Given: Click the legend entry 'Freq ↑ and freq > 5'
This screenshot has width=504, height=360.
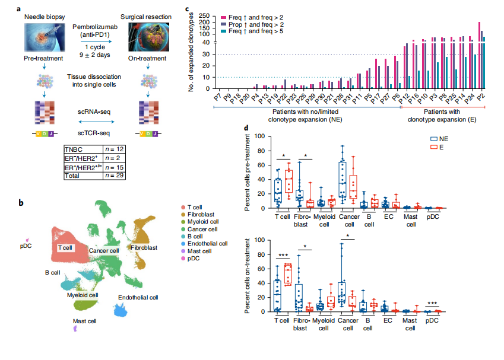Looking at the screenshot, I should pos(258,30).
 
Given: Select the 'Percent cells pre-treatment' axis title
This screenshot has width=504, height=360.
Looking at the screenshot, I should pos(247,173).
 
